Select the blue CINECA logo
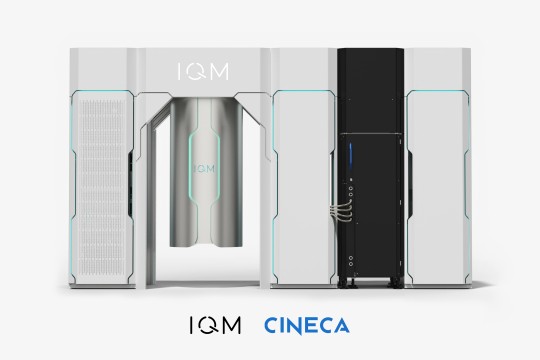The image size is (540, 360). [x=307, y=326]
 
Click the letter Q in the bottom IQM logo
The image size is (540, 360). [x=215, y=326]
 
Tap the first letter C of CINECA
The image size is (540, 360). [x=270, y=326]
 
